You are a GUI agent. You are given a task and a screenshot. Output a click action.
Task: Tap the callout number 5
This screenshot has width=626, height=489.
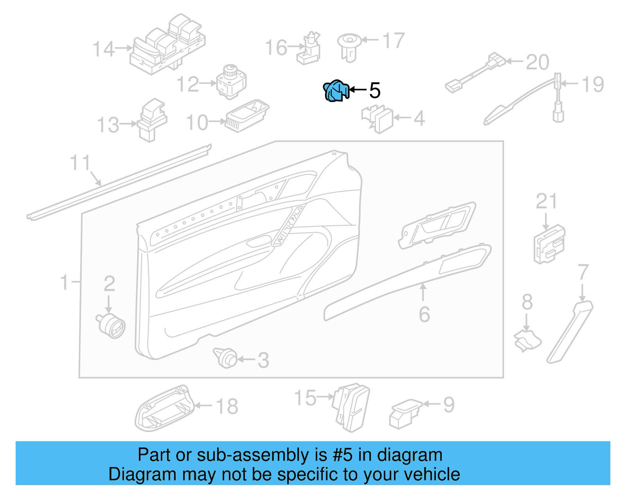click(374, 90)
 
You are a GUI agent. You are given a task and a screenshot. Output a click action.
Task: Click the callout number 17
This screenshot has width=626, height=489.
click(393, 41)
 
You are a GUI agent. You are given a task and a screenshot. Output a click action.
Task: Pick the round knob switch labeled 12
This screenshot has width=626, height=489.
click(232, 82)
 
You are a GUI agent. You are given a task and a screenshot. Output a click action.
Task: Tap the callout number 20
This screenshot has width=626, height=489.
click(537, 62)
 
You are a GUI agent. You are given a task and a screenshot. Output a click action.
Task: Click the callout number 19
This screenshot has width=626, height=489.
click(593, 85)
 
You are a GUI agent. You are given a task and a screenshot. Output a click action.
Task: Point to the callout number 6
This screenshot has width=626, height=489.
click(424, 314)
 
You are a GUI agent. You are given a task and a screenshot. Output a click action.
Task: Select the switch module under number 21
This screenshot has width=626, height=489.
click(549, 244)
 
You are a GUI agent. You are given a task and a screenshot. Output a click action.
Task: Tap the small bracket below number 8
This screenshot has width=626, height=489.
click(527, 340)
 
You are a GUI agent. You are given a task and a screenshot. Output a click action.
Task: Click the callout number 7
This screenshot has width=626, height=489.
click(583, 272)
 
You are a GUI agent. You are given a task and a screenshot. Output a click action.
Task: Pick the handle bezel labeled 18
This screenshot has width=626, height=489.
click(164, 408)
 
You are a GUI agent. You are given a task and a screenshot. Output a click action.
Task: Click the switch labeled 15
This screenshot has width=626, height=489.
click(351, 407)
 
